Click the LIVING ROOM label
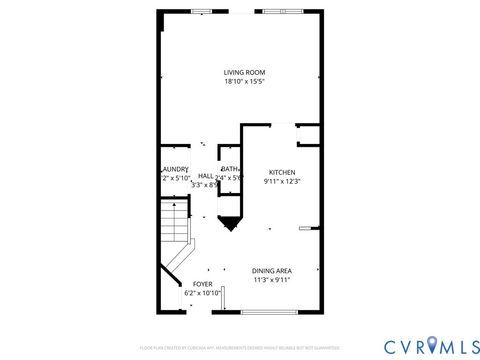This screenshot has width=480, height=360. pos(244,72)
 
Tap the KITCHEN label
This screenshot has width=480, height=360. pos(281,171)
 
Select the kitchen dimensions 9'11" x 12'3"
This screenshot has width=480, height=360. pos(281,182)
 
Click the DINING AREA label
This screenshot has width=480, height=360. pos(272,271)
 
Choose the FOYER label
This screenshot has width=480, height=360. pos(202,284)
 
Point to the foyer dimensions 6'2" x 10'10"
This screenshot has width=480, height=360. pos(202,294)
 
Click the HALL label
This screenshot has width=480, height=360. pos(205,175)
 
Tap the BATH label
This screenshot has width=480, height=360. pos(230,169)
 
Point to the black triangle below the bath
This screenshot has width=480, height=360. pos(229,224)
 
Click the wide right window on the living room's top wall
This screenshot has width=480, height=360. pos(287,11)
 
